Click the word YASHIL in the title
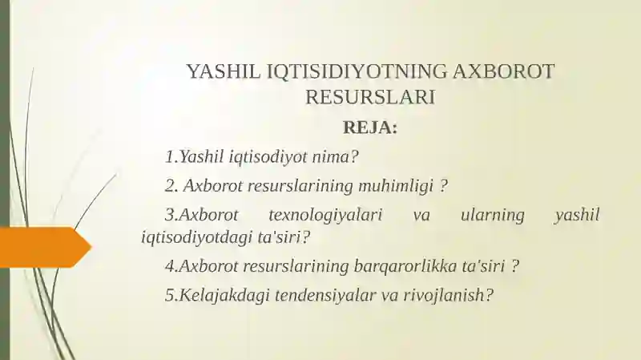pos(224,71)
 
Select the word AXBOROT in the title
pos(504,71)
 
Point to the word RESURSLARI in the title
pos(370,97)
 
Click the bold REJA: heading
pos(370,127)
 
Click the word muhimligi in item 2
pos(396,187)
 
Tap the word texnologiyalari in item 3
pos(325,216)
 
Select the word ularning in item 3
pos(493,216)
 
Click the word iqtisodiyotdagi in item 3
pos(196,237)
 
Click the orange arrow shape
pos(45,247)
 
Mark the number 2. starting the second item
pos(171,187)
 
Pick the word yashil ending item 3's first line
pos(577,216)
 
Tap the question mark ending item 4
pos(515,267)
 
